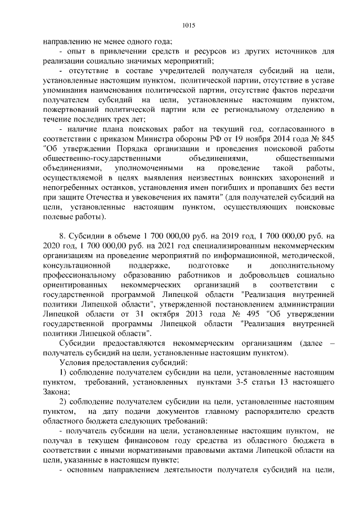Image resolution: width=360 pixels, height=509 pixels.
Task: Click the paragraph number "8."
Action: [62, 236]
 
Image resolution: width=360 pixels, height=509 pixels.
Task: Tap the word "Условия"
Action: [73, 362]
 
